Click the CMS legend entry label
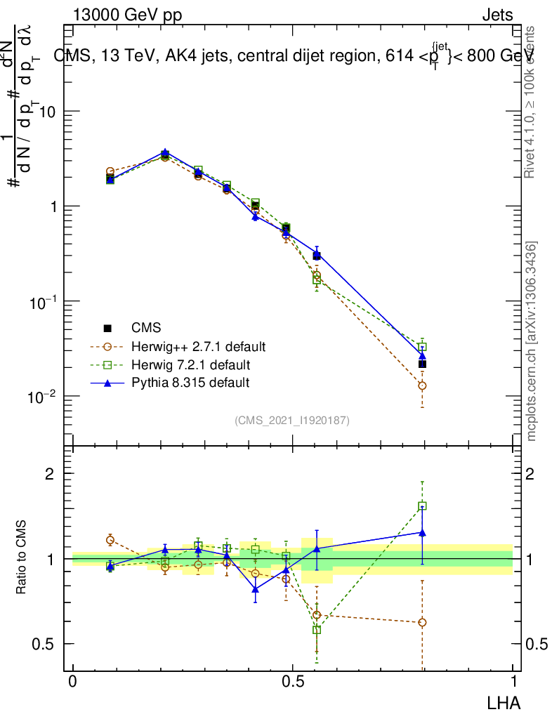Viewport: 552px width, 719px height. point(145,328)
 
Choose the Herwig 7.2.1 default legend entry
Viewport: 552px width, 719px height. point(190,365)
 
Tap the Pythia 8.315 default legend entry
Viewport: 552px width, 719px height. point(190,383)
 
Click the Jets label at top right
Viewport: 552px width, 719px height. point(497,15)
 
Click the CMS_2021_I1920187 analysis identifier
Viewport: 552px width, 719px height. point(292,421)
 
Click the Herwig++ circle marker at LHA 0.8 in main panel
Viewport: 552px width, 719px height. point(422,385)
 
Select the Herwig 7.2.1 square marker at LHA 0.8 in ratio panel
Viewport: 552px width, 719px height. point(422,506)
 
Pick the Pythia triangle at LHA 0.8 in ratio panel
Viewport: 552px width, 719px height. point(422,533)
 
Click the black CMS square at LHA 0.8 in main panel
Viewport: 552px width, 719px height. point(422,364)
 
